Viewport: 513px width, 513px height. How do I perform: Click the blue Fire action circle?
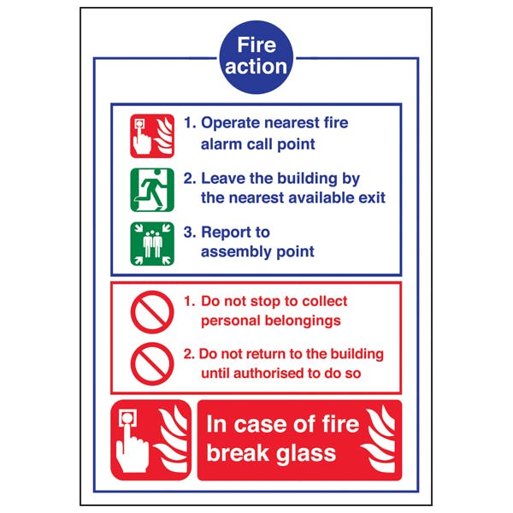256,56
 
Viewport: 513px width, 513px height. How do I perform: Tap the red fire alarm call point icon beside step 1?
152,134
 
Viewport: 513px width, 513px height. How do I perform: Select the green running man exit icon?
152,189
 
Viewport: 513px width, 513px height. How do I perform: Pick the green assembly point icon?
152,243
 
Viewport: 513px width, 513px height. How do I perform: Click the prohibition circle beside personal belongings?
152,311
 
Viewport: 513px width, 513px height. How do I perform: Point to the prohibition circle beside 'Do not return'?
152,363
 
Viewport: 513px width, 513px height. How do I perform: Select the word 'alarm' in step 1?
220,144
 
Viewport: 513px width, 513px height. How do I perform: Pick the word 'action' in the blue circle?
256,66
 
